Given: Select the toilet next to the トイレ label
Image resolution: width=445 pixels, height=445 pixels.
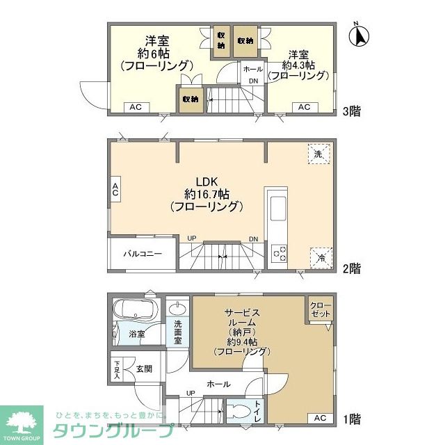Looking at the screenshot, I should pyautogui.click(x=240, y=410).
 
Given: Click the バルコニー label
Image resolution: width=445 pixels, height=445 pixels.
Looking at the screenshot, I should pyautogui.click(x=143, y=254).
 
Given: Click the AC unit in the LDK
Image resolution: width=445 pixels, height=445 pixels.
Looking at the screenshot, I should pyautogui.click(x=115, y=188).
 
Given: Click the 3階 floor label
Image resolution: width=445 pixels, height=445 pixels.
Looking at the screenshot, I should pyautogui.click(x=350, y=111).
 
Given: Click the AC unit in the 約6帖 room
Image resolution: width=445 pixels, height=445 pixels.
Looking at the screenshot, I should pyautogui.click(x=136, y=107).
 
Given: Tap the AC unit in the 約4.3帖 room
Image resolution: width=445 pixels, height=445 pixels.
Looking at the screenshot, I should pyautogui.click(x=304, y=107).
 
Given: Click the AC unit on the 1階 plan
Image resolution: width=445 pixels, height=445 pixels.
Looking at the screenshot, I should pyautogui.click(x=319, y=418).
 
